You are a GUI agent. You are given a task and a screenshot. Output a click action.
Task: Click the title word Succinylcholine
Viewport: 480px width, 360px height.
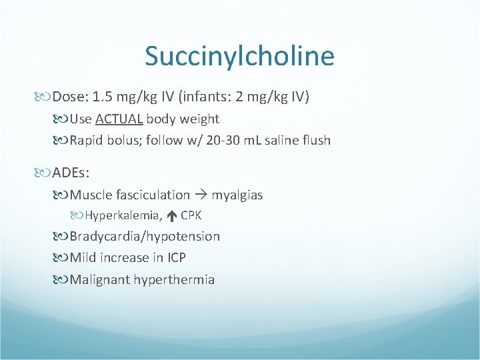[x=239, y=57]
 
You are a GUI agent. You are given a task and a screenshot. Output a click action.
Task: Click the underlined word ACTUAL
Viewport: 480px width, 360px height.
[x=119, y=119]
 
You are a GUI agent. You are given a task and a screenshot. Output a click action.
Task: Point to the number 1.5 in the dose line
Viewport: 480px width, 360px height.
[x=103, y=97]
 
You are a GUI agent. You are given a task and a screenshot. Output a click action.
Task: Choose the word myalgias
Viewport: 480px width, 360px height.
[x=237, y=195]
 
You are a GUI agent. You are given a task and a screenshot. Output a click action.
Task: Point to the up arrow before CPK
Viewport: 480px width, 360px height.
[x=171, y=215]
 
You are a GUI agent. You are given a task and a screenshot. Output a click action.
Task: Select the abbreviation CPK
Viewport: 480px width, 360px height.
[x=191, y=215]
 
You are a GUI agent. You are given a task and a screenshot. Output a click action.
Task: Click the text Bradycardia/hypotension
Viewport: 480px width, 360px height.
[x=145, y=237]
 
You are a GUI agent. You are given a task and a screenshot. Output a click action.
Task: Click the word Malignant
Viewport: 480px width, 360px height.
[x=99, y=279]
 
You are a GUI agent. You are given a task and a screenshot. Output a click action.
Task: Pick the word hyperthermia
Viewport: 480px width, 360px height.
[x=174, y=279]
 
